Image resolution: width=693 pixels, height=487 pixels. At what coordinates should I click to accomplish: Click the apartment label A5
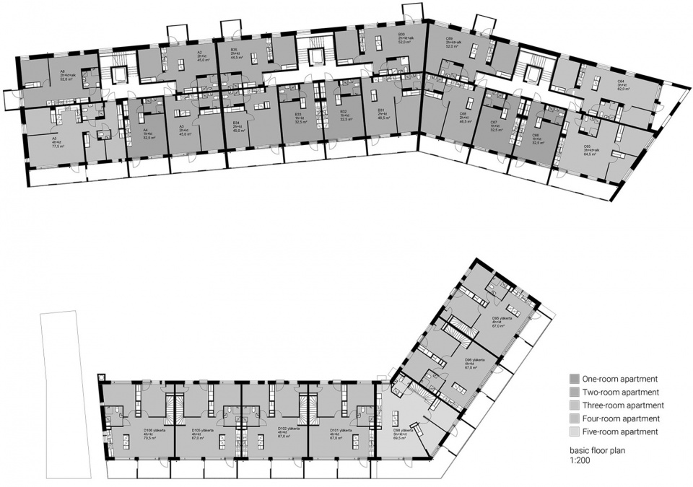[54, 138]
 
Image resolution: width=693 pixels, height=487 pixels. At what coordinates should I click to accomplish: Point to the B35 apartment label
[235, 49]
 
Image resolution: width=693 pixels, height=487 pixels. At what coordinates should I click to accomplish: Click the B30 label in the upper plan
[401, 34]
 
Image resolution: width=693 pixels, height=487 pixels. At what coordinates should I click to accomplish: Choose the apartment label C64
[620, 81]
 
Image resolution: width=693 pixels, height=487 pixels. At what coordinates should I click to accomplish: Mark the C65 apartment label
[587, 145]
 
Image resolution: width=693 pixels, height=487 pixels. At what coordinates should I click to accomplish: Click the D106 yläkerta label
[154, 429]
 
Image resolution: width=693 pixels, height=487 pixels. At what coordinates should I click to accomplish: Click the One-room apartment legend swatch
[573, 379]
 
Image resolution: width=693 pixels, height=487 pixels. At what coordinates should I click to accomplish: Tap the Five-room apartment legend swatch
[573, 431]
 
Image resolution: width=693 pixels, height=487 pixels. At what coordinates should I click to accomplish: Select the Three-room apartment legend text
[625, 405]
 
